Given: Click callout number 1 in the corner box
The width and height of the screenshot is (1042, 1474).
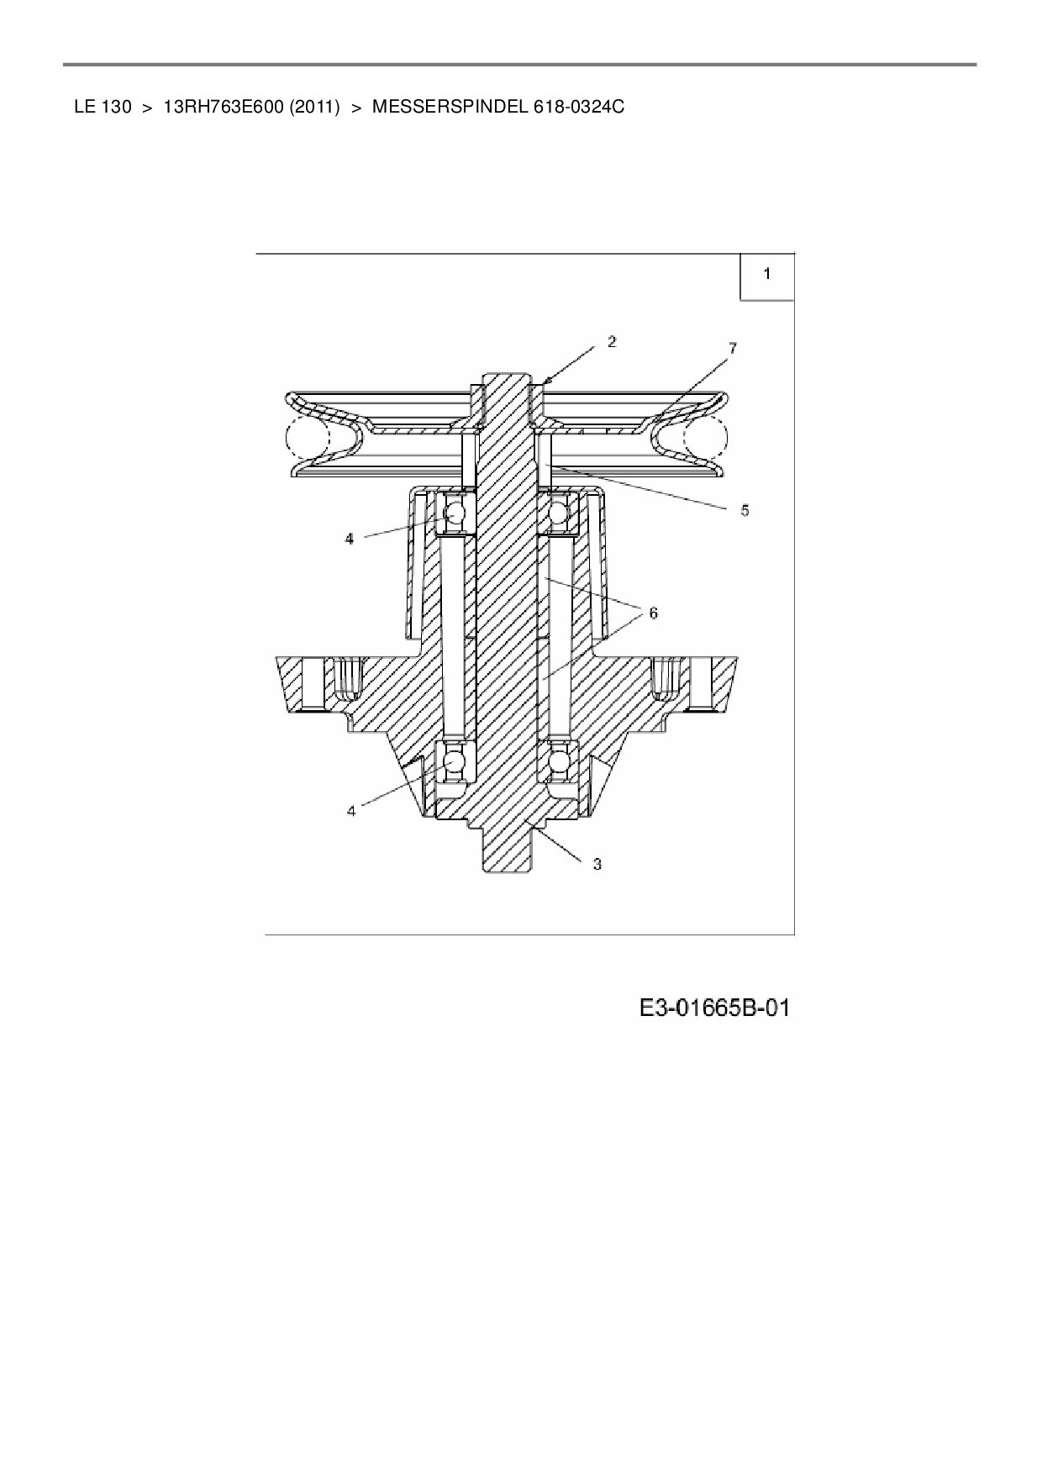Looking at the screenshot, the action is (x=766, y=274).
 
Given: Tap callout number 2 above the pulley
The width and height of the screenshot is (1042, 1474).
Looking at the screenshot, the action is (x=612, y=341).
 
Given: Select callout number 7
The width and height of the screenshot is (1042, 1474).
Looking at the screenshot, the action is (x=733, y=348).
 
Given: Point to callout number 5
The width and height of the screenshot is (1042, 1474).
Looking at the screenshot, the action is (x=745, y=510).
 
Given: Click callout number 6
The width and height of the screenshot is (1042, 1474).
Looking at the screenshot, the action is (x=653, y=613).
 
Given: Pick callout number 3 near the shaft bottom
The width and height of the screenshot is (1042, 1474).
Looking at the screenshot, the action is (x=597, y=864).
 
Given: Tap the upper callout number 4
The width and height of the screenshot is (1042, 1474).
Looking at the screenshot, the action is (x=350, y=539).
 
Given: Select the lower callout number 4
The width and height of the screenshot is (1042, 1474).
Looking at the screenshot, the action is (x=351, y=811).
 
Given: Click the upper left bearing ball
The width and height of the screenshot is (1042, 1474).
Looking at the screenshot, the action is (x=455, y=512).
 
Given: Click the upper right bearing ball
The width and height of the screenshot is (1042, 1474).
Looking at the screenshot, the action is (x=558, y=512).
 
